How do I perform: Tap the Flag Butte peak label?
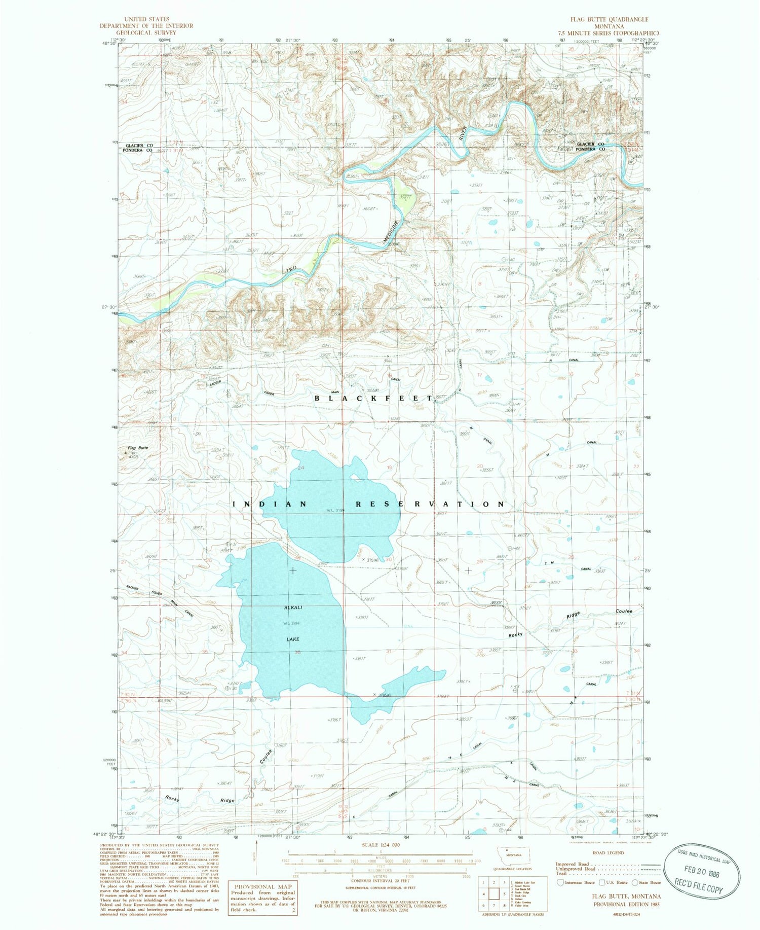click(x=138, y=448)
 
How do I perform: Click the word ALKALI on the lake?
click(x=293, y=607)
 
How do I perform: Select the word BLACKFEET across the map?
click(x=374, y=399)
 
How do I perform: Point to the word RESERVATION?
click(x=430, y=504)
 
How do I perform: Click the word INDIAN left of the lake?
click(x=270, y=504)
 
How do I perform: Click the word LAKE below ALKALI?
click(x=293, y=639)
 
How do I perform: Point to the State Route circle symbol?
click(x=635, y=882)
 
